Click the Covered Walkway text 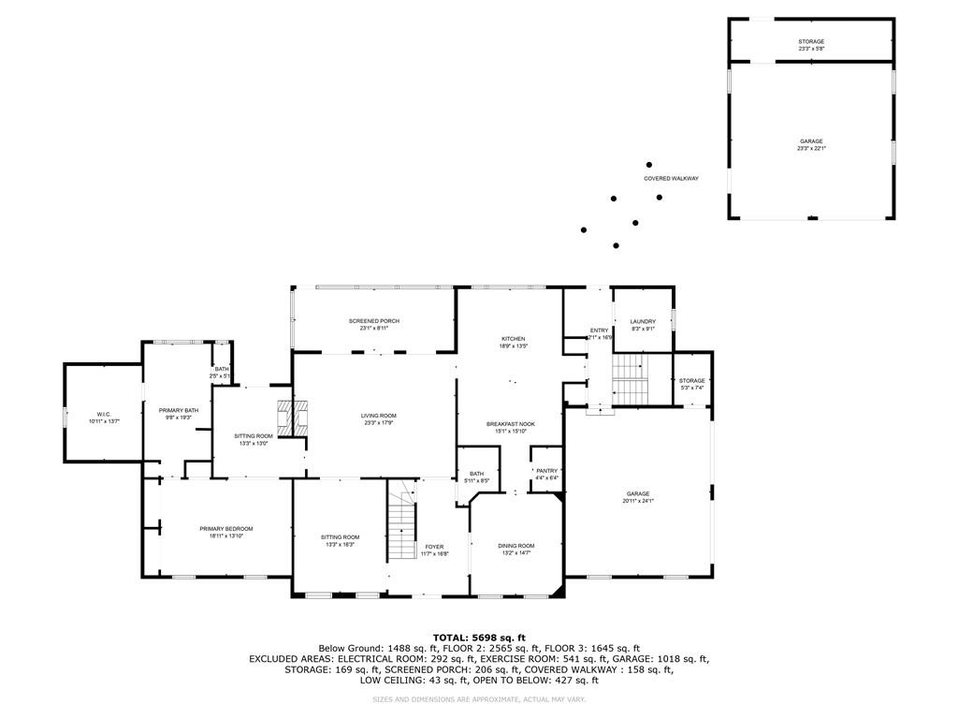[671, 178]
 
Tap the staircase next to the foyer [401, 529]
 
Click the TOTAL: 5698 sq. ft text [478, 637]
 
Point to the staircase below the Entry [630, 379]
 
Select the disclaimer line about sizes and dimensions [478, 699]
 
